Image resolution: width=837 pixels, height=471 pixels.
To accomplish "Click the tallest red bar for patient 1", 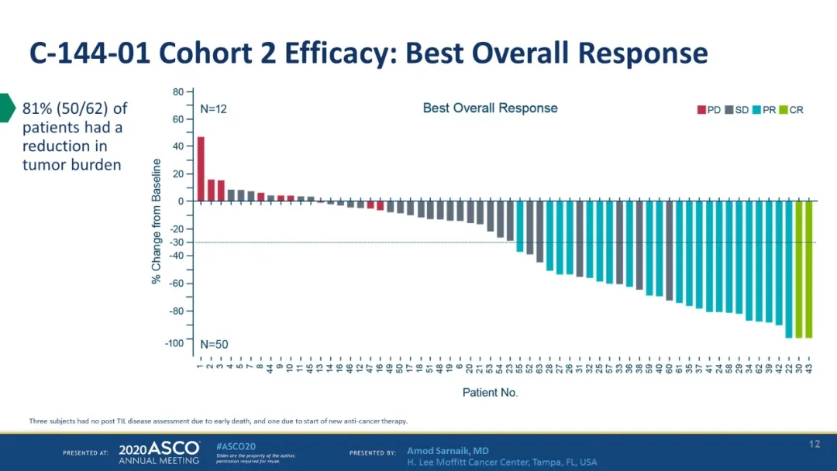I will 201,169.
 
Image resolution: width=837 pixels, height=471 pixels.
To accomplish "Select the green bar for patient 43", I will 808,269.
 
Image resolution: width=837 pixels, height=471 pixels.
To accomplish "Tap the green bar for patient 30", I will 799,269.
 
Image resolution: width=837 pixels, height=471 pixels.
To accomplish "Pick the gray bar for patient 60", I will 670,250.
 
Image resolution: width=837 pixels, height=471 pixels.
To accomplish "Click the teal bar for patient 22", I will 789,269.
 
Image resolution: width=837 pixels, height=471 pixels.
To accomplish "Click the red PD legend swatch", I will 701,110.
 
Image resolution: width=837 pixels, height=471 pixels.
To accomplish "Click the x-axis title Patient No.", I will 490,393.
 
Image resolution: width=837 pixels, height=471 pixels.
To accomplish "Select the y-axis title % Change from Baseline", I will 157,221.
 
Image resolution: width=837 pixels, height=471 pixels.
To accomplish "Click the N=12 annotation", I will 214,109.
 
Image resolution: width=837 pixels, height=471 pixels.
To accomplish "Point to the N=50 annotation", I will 214,344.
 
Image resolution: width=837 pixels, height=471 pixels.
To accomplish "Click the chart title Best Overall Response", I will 490,108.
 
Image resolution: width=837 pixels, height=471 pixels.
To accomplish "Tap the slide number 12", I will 814,444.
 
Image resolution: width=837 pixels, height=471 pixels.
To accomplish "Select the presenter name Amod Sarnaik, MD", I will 447,451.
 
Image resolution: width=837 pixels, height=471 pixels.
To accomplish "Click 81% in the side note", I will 36,108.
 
